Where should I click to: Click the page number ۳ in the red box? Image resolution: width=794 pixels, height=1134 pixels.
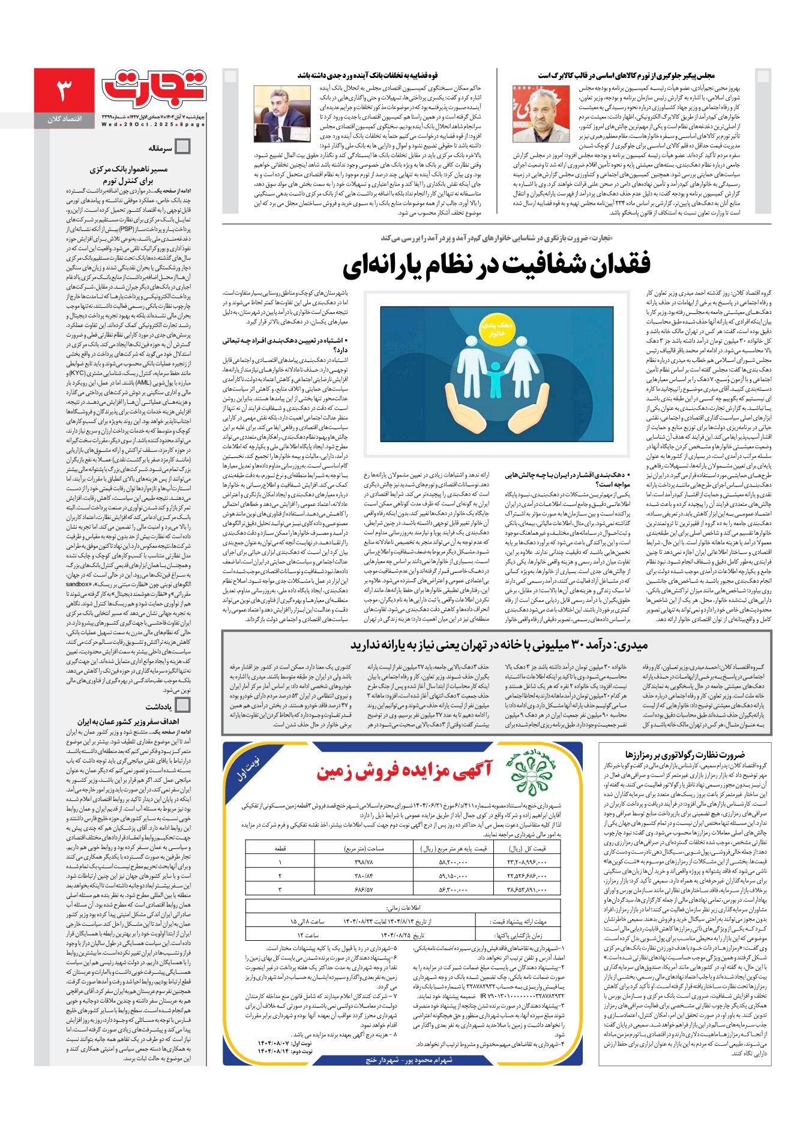click(x=64, y=91)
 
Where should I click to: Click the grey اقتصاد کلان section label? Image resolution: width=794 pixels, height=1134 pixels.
click(x=65, y=119)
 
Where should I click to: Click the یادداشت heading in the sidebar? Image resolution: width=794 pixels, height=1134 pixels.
click(x=158, y=707)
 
